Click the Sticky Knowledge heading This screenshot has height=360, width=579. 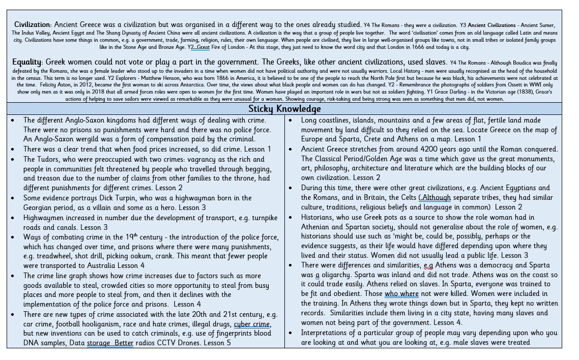pyautogui.click(x=284, y=109)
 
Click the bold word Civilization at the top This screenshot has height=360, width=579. pyautogui.click(x=32, y=24)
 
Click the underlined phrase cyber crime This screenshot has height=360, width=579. pyautogui.click(x=252, y=324)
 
